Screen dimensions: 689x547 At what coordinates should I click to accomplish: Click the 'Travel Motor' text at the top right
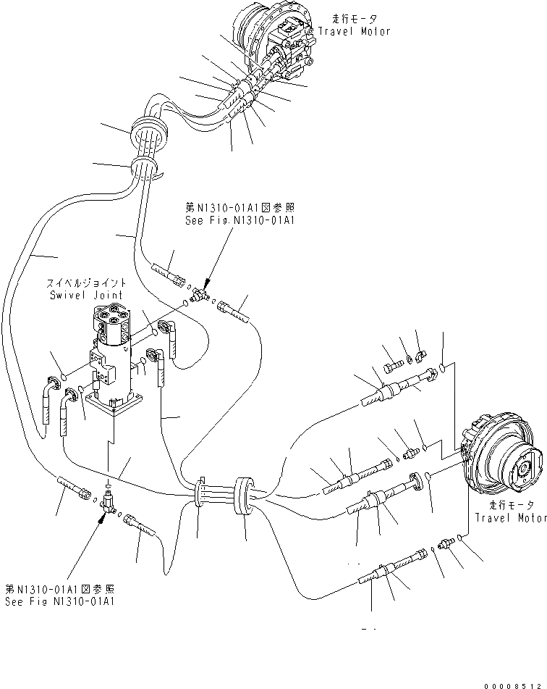coord(355,31)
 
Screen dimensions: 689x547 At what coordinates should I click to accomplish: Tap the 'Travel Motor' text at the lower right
coord(509,517)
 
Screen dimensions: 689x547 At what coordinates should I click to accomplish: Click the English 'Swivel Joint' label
coord(87,295)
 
